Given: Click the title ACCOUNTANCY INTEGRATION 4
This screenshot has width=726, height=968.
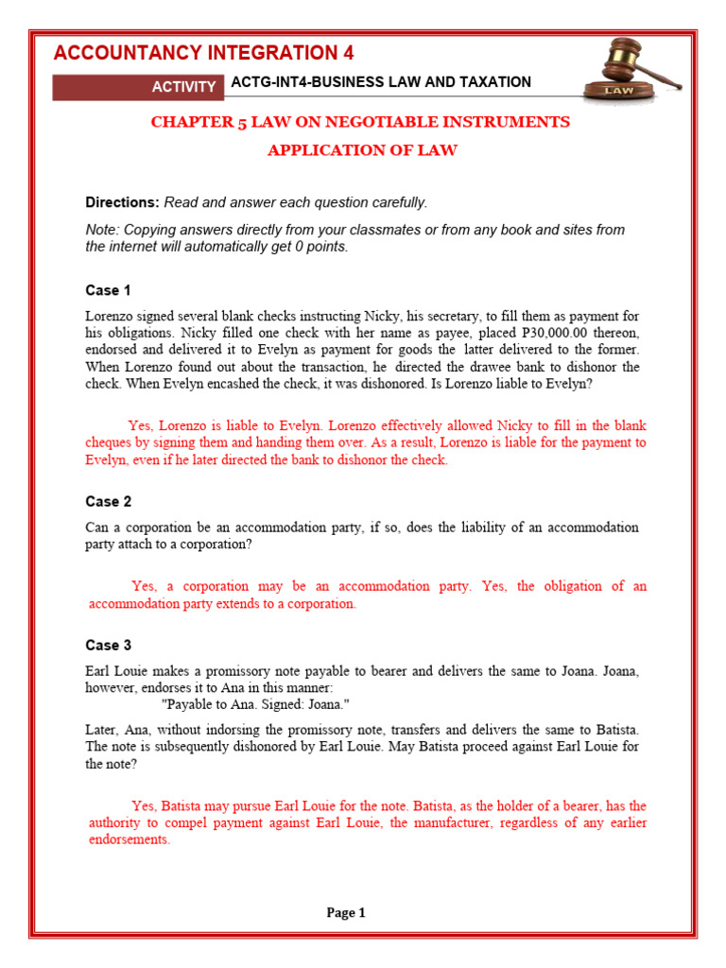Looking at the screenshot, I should pyautogui.click(x=203, y=53).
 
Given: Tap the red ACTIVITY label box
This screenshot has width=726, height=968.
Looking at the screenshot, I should pyautogui.click(x=184, y=87).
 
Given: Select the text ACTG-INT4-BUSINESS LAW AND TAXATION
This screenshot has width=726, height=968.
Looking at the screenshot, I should pyautogui.click(x=380, y=82).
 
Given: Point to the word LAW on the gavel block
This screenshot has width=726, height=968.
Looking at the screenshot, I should pyautogui.click(x=618, y=91).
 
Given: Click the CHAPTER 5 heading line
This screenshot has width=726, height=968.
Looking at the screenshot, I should pyautogui.click(x=361, y=122).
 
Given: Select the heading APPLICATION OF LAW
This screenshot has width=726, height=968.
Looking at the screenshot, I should pyautogui.click(x=362, y=150).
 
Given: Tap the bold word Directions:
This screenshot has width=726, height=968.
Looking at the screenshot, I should pyautogui.click(x=123, y=202).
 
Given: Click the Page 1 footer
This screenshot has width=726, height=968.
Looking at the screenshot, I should pyautogui.click(x=346, y=913).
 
